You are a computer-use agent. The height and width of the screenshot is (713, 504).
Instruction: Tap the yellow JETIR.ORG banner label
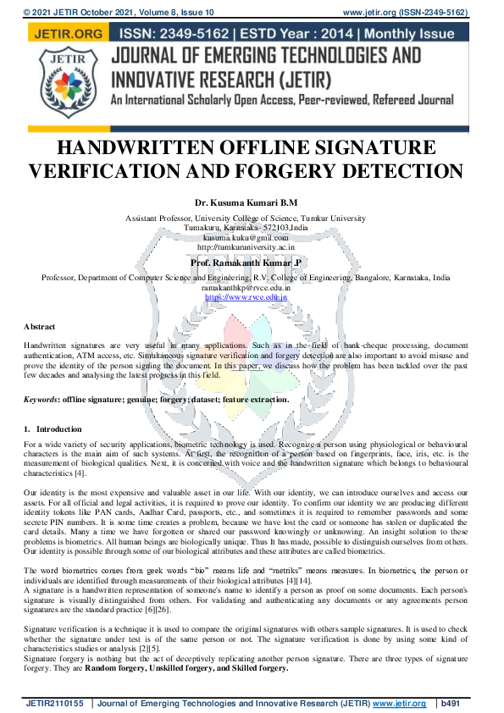click(65, 34)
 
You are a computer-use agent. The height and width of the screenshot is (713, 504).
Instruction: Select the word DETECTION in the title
click(397, 171)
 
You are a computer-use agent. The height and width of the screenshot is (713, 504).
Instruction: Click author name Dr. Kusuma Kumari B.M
click(246, 203)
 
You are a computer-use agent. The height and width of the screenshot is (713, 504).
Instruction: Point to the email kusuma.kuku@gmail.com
click(246, 238)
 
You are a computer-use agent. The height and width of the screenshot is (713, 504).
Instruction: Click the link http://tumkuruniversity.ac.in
click(246, 247)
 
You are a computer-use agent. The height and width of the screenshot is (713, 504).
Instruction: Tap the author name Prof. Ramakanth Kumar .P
click(246, 263)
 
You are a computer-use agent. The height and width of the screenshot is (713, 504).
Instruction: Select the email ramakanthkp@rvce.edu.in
click(246, 288)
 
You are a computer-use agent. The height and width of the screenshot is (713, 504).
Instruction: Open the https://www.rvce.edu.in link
click(246, 297)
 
